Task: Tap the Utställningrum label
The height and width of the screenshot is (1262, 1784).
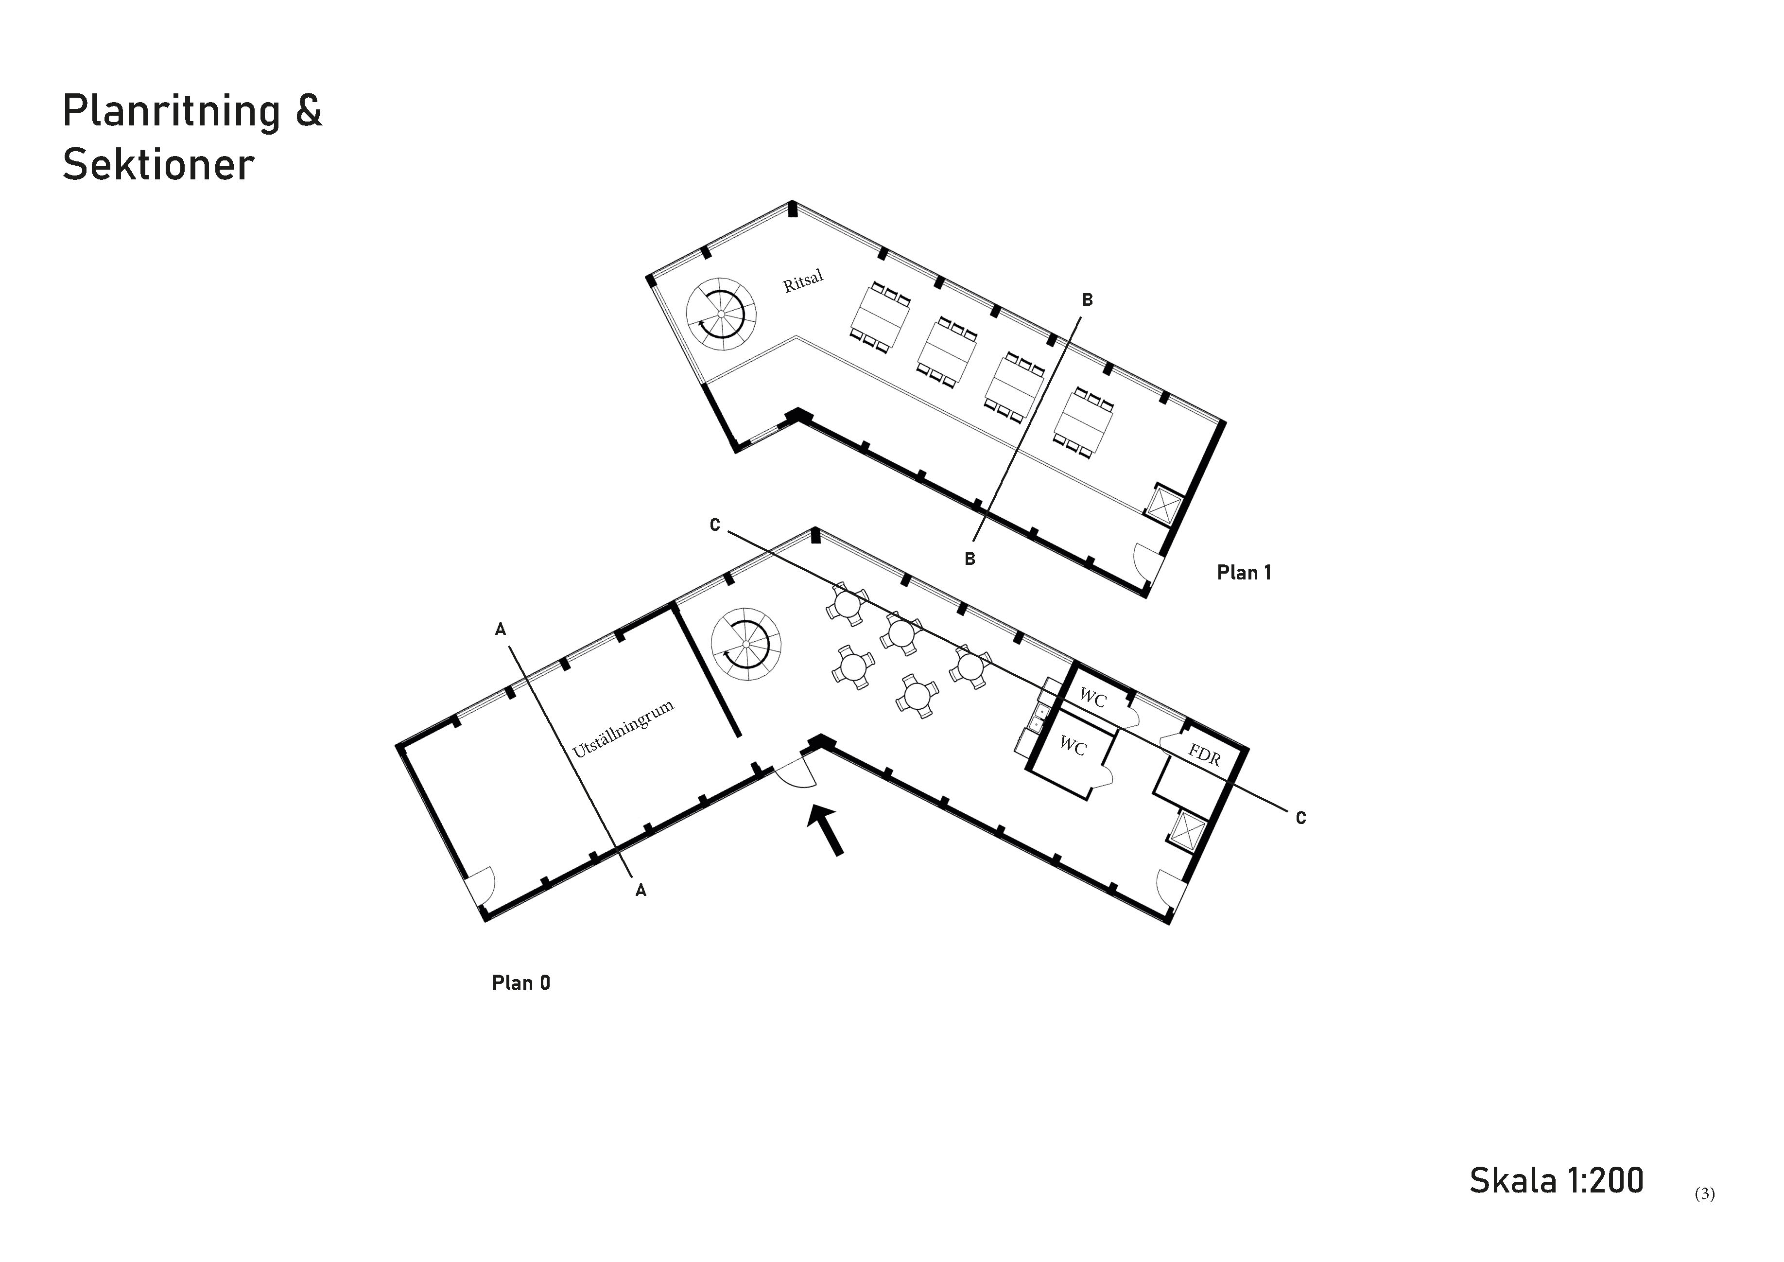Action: click(x=623, y=729)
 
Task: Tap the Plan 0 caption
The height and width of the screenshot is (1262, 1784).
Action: click(x=520, y=983)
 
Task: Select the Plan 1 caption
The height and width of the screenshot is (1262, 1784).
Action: click(x=1244, y=573)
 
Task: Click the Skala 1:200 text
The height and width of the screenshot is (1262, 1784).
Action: click(x=1557, y=1180)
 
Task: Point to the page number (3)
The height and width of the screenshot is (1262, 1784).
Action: click(x=1705, y=1193)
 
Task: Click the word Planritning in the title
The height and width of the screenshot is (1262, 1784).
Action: click(x=171, y=111)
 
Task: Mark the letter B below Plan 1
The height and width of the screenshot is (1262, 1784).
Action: click(x=970, y=559)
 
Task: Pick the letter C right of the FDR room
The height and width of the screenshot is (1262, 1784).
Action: click(x=1301, y=818)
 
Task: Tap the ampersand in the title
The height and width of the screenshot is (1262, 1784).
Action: click(x=309, y=111)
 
